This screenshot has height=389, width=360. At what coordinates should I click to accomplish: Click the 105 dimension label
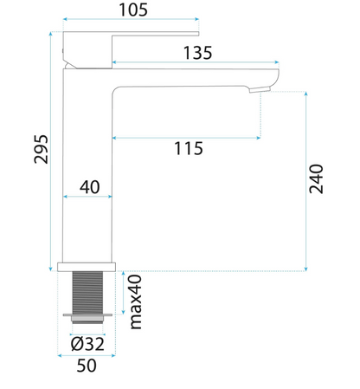133,10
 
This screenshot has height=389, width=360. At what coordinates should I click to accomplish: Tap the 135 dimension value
197,53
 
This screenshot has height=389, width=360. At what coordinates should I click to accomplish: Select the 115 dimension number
189,148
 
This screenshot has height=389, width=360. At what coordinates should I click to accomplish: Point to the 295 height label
41,149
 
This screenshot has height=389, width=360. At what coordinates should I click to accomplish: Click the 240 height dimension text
316,178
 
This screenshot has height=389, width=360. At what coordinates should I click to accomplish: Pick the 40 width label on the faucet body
90,187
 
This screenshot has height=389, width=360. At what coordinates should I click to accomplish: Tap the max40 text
136,301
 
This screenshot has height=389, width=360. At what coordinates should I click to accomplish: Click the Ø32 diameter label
87,344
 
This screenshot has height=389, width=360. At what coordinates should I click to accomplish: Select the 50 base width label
87,366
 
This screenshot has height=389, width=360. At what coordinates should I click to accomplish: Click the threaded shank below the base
87,293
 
